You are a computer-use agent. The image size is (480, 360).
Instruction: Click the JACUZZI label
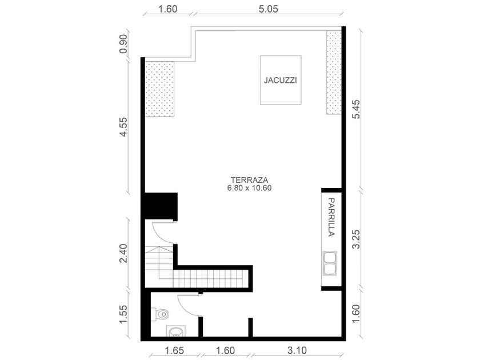[x=281, y=81]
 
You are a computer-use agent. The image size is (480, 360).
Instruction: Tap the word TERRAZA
[x=250, y=180]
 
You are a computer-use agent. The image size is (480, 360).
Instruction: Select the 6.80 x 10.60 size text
[x=250, y=188]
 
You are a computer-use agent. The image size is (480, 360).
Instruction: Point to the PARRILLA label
[x=331, y=217]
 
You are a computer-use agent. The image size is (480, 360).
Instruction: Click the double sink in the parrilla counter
[x=330, y=263]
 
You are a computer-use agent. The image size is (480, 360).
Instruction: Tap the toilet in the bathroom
[x=162, y=314]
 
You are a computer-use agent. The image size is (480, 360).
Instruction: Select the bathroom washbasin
[x=176, y=331]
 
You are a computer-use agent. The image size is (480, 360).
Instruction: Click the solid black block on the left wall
[x=161, y=206]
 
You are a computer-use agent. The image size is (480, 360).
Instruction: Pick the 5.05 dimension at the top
[x=269, y=9]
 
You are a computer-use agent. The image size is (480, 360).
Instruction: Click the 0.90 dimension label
[x=123, y=44]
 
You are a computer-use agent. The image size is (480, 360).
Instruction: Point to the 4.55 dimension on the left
[x=123, y=127]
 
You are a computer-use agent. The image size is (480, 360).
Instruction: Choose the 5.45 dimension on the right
[x=357, y=109]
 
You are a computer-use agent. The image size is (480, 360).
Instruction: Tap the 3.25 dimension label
[x=357, y=239]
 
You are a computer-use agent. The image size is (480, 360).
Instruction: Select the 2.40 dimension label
[x=123, y=253]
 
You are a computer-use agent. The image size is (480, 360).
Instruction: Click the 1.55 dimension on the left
[x=123, y=314]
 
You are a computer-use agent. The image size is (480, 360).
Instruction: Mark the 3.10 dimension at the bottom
[x=297, y=350]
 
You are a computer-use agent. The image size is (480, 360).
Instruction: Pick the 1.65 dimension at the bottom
[x=174, y=350]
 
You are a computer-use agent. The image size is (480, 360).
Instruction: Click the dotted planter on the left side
[x=159, y=89]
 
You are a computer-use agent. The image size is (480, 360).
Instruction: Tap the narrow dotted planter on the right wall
[x=334, y=73]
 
